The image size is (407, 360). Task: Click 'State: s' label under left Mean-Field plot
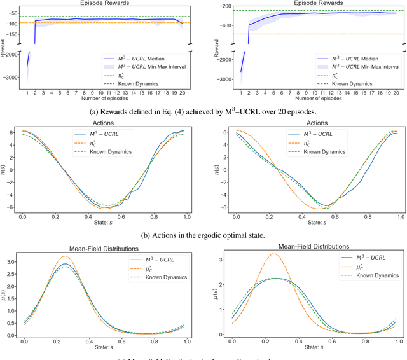tap(106, 349)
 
